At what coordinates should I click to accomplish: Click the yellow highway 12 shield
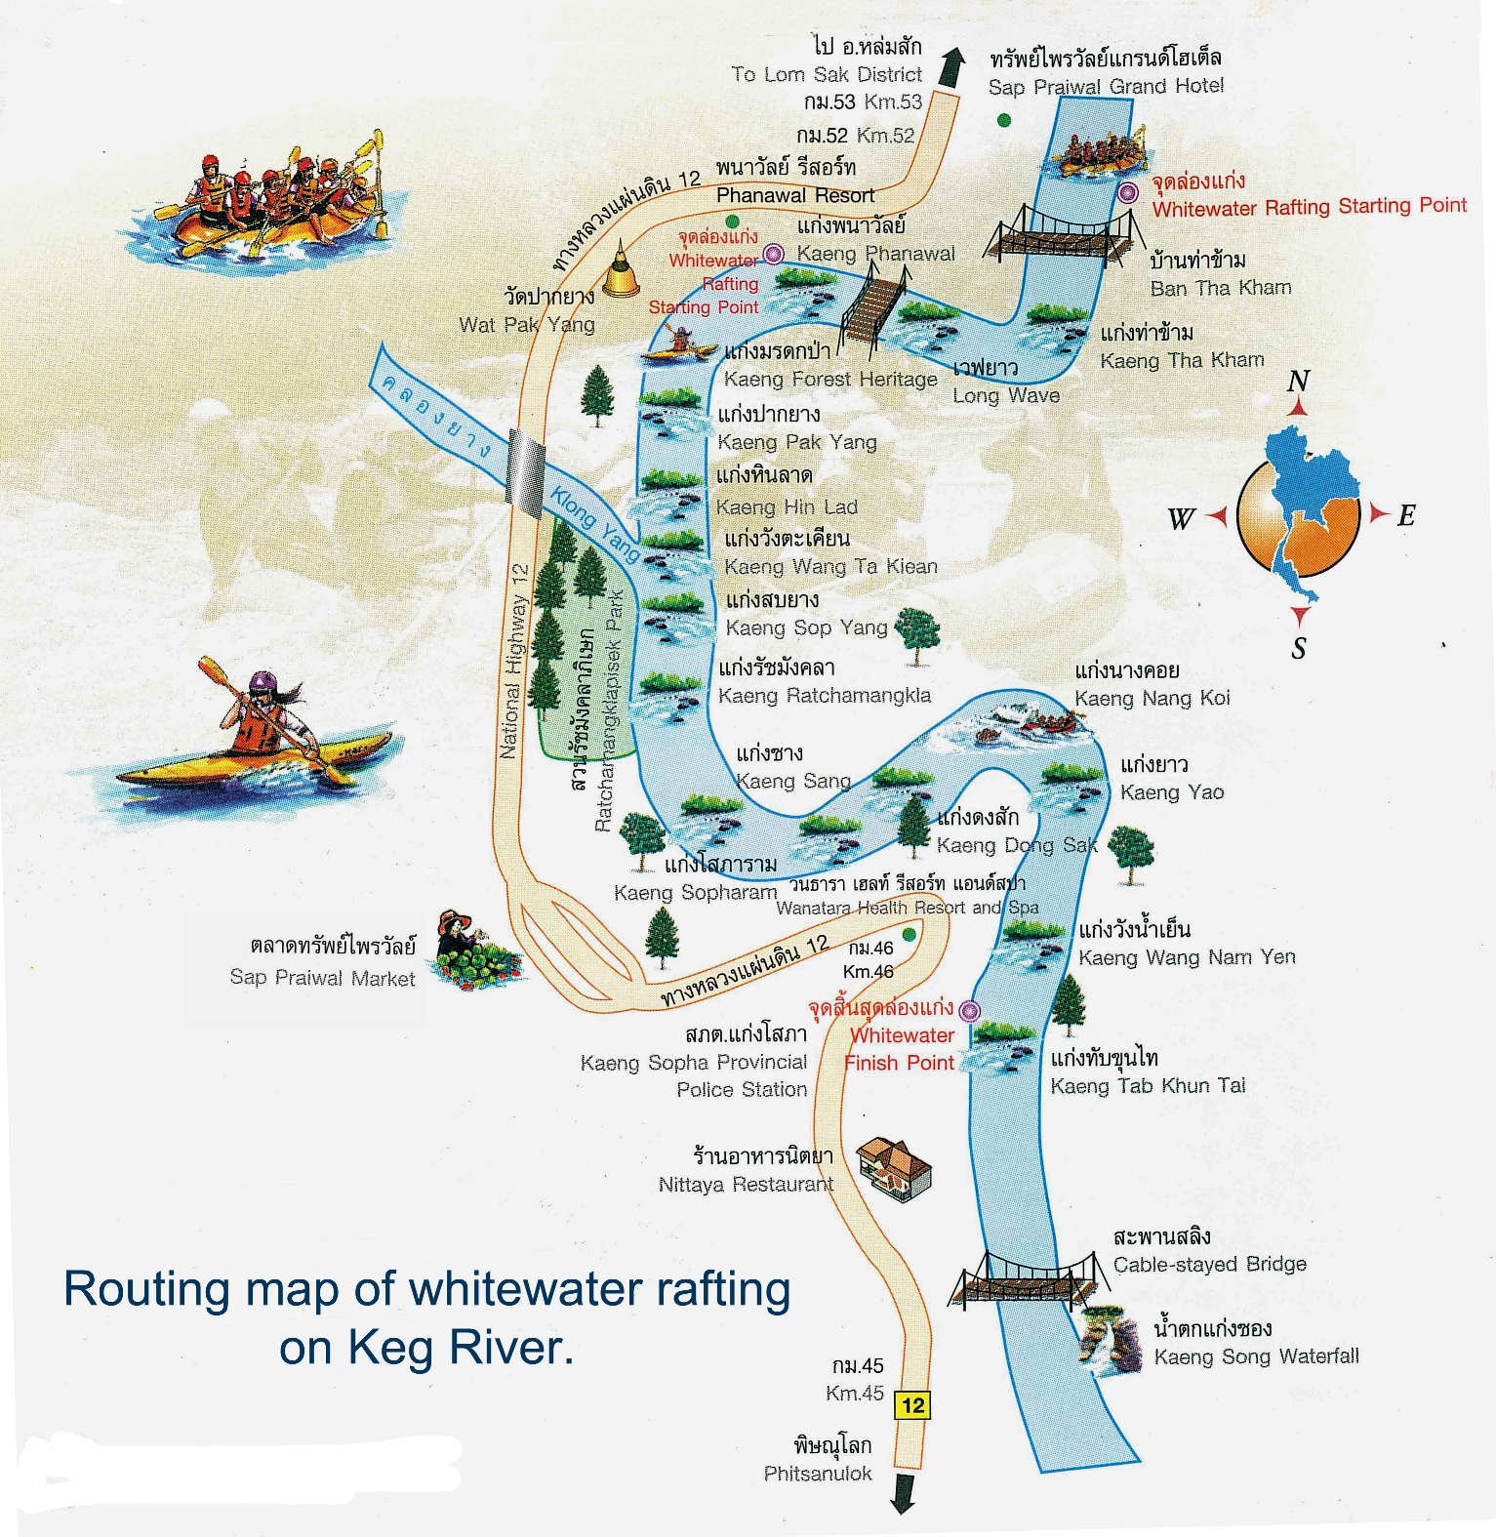pos(912,1405)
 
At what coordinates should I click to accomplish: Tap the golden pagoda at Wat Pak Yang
pos(621,274)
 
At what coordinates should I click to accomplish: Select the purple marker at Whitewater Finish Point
pos(968,1009)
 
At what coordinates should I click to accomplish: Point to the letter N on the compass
pos(1298,382)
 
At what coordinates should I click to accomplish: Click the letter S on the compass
pos(1299,648)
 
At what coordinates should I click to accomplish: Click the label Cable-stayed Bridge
pos(1209,1265)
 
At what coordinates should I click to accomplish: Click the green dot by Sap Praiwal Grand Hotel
pos(1003,120)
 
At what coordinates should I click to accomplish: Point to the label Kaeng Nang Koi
pos(1152,698)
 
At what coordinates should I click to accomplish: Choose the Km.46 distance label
pos(868,972)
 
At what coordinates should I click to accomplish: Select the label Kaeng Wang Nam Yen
pos(1187,957)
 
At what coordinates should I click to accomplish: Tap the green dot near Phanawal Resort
pos(732,222)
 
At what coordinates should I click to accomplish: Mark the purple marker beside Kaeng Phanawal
pos(773,255)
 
